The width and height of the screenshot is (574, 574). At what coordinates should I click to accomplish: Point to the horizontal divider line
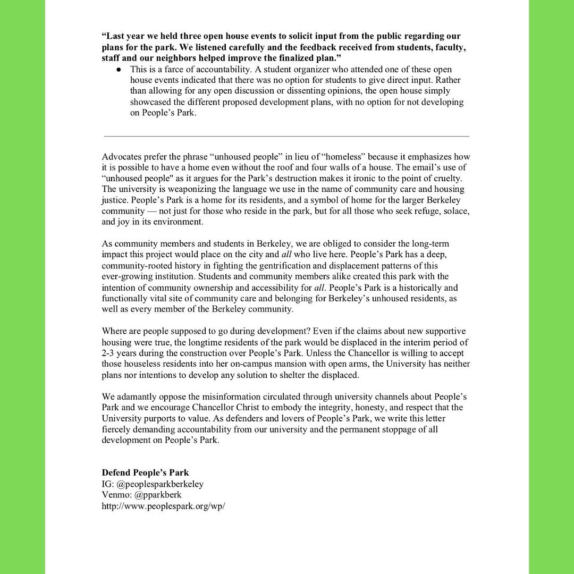pos(286,137)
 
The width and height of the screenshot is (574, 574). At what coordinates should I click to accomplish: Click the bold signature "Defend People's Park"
pos(145,472)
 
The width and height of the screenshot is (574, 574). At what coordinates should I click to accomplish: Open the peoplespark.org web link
pos(163,506)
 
